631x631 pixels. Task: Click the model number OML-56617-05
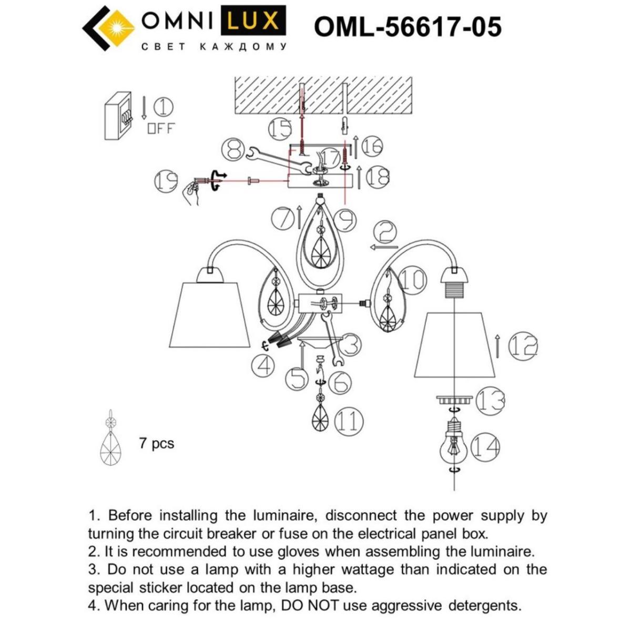point(408,26)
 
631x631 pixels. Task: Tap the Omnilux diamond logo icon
point(107,28)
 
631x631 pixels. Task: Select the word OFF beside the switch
point(160,128)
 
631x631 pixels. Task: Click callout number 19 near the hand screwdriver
point(167,181)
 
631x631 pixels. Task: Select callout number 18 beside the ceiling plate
point(377,177)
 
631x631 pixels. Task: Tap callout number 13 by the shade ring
point(490,401)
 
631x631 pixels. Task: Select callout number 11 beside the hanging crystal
point(349,421)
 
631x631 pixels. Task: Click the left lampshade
point(209,315)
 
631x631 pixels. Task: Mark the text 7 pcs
point(156,443)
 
